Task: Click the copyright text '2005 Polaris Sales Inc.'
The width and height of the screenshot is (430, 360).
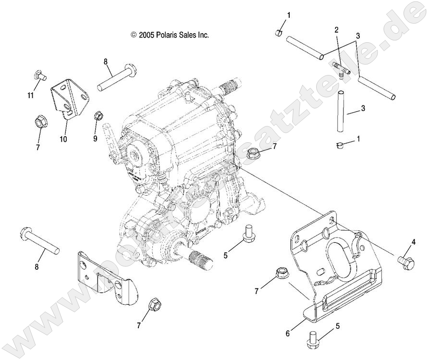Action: (170, 35)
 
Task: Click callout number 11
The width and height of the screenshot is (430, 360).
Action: (30, 96)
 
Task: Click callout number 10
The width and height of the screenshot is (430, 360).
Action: (63, 139)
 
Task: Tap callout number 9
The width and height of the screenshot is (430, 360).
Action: (95, 138)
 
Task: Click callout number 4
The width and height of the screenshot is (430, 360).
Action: (413, 242)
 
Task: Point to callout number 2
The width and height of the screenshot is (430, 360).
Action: (336, 30)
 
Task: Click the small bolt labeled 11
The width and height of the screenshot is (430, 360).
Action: (38, 75)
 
